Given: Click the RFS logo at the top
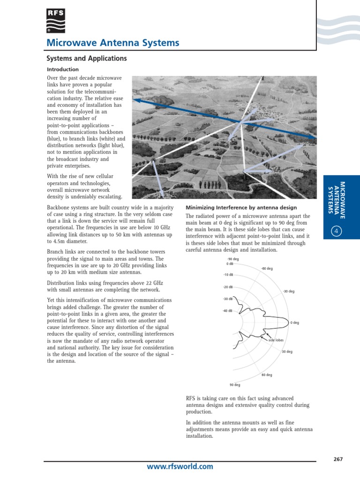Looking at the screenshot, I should pyautogui.click(x=56, y=21).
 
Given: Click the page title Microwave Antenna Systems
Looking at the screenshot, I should pyautogui.click(x=112, y=43).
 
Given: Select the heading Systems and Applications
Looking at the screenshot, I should pyautogui.click(x=86, y=59).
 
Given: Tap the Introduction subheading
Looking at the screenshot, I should pyautogui.click(x=63, y=69).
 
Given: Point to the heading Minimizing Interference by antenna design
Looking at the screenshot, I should pyautogui.click(x=241, y=208).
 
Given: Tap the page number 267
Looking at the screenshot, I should pyautogui.click(x=338, y=459).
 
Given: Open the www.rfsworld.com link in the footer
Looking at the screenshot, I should pyautogui.click(x=180, y=466).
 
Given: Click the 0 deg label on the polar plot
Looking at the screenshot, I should pyautogui.click(x=294, y=322).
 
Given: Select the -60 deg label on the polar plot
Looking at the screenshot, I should pyautogui.click(x=267, y=269).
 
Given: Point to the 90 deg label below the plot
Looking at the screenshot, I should pyautogui.click(x=234, y=385).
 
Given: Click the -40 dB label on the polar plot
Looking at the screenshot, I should pyautogui.click(x=227, y=311).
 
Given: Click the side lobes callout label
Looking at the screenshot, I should pyautogui.click(x=276, y=340).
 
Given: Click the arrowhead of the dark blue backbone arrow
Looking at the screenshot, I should pyautogui.click(x=135, y=100).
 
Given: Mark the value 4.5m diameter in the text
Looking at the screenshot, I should pyautogui.click(x=71, y=241).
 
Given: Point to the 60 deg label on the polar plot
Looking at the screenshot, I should pyautogui.click(x=267, y=375).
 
